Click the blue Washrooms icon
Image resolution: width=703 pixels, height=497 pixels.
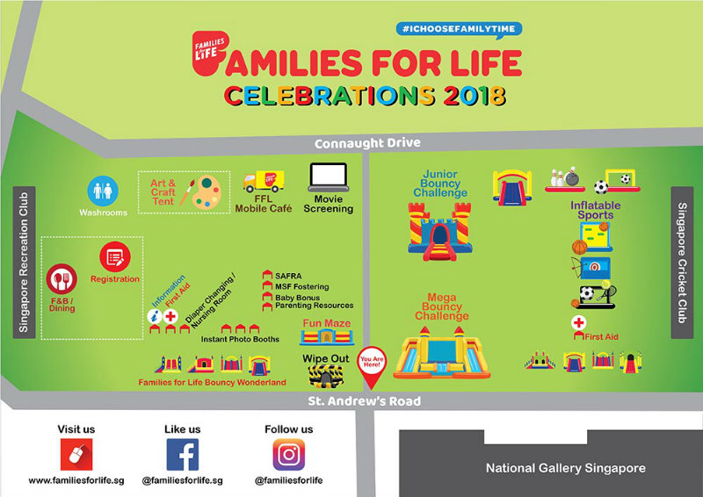(103, 191)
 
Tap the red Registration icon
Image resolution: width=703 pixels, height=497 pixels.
(115, 256)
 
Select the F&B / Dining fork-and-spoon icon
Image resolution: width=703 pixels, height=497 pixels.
(62, 279)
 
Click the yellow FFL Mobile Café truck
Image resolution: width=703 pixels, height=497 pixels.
(264, 181)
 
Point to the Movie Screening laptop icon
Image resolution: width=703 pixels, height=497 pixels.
(329, 177)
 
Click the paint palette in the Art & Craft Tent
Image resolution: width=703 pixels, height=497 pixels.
(207, 191)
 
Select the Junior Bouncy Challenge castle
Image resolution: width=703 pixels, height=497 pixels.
(440, 231)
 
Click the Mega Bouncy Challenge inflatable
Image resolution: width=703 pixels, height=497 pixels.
(442, 352)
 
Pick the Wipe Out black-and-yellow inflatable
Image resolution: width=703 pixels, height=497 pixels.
(326, 376)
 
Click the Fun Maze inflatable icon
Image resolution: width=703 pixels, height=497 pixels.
(327, 336)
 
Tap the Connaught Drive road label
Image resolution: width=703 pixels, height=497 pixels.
(367, 143)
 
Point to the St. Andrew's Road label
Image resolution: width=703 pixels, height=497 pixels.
(364, 400)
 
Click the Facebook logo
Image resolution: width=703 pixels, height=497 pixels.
(183, 455)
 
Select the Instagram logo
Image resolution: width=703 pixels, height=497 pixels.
(289, 455)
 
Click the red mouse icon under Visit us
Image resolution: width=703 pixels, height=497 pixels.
(76, 455)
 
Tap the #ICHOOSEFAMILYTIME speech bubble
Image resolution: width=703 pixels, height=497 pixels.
(459, 30)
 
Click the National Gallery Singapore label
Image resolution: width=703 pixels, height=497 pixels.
(566, 468)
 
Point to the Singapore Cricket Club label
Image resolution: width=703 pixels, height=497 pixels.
(682, 263)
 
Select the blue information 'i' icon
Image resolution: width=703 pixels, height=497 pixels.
(155, 316)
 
